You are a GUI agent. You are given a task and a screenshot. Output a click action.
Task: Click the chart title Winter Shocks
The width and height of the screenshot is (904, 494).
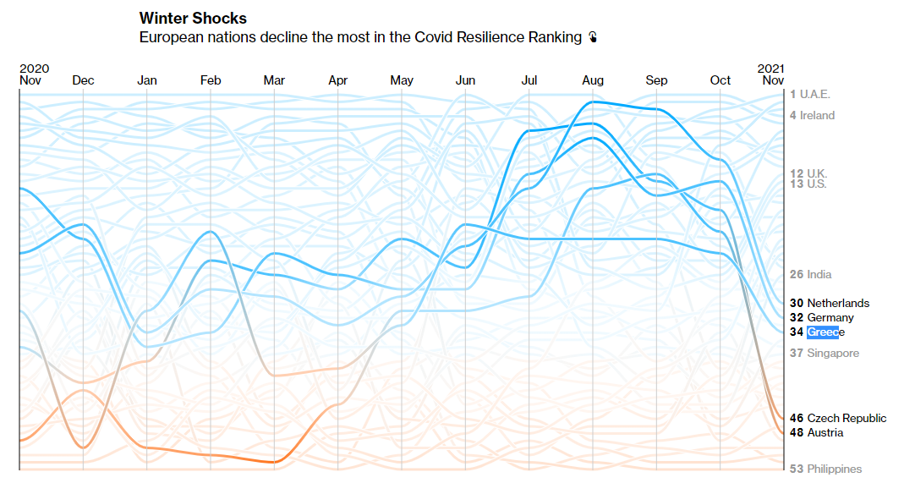[x=193, y=18]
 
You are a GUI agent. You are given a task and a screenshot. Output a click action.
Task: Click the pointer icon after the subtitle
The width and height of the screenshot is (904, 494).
[x=594, y=37]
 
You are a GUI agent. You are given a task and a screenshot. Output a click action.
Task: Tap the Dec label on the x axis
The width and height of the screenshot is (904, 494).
[x=84, y=80]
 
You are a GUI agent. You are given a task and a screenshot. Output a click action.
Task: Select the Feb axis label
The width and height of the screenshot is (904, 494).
[x=211, y=80]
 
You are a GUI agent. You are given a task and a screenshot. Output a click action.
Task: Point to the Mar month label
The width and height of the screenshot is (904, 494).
[x=274, y=80]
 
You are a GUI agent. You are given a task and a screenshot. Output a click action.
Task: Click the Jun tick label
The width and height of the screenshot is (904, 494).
[x=465, y=80]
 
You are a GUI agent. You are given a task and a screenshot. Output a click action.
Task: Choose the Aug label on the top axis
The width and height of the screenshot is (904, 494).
[x=593, y=80]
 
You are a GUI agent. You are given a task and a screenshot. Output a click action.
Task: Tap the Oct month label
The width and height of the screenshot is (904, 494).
[x=720, y=80]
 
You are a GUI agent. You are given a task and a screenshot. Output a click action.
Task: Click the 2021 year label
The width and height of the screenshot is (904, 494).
[x=770, y=69]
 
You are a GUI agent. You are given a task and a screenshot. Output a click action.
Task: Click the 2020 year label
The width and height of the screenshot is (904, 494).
[x=34, y=69]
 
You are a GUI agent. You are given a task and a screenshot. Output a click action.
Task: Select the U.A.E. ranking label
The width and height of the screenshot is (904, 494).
[x=816, y=94]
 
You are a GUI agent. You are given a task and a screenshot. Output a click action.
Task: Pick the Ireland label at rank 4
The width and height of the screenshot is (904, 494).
[x=817, y=115]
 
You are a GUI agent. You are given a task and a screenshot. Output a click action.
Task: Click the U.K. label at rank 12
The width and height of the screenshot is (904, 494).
[x=817, y=173]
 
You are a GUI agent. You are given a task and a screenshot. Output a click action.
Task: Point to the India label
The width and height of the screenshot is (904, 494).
[x=819, y=274]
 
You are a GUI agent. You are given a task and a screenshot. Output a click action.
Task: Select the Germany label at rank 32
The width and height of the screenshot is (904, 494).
[x=830, y=317]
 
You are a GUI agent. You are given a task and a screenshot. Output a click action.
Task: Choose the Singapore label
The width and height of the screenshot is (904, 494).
[x=832, y=353]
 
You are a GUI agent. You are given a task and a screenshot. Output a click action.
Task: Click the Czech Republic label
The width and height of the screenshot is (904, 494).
[x=846, y=418]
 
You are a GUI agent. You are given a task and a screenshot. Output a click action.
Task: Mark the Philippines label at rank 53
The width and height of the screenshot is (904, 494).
[x=834, y=469]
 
